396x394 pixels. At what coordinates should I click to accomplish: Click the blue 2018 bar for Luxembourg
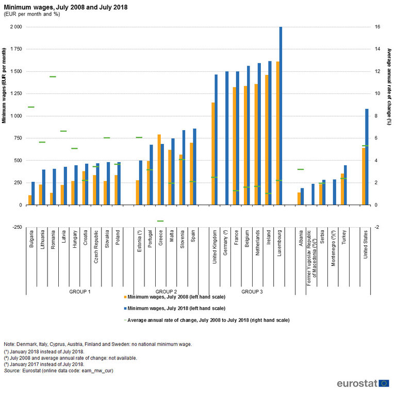point(280,116)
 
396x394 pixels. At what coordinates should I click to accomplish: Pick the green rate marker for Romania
point(53,77)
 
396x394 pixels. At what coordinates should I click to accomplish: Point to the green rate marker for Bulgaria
point(31,107)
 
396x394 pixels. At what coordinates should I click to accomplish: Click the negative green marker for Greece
point(160,221)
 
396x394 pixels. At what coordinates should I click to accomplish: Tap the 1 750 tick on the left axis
point(15,49)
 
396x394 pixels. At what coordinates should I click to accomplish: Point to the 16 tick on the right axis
point(377,27)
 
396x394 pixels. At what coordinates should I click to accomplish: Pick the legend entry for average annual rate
point(206,320)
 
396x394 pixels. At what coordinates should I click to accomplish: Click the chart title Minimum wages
point(66,7)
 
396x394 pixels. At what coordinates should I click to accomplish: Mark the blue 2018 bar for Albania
point(302,196)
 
